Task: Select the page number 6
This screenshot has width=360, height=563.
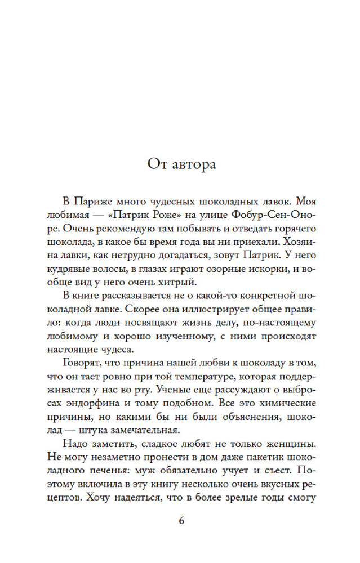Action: (x=181, y=520)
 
